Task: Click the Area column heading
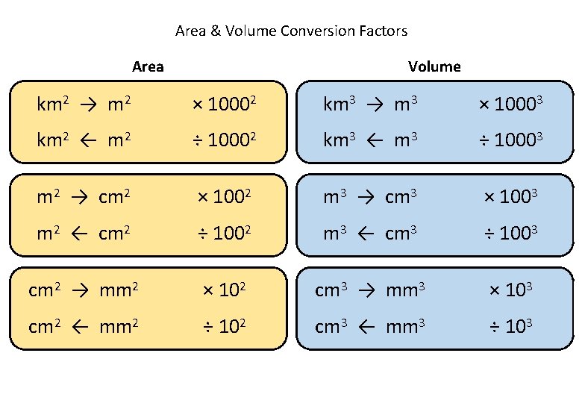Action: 148,66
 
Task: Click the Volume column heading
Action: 434,66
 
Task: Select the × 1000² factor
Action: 225,105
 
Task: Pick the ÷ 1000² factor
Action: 225,140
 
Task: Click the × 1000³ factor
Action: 510,105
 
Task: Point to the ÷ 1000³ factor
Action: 510,140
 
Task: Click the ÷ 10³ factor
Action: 510,325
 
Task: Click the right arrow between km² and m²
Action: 89,106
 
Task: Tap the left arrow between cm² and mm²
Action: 81,326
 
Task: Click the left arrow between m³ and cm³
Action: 366,234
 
